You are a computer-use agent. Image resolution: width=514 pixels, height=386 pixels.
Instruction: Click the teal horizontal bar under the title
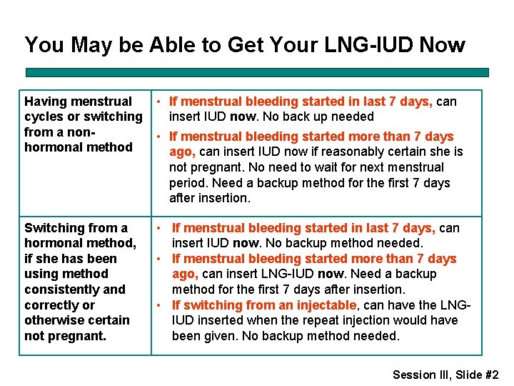pyautogui.click(x=257, y=72)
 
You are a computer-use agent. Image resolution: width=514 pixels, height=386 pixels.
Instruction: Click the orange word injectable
pyautogui.click(x=323, y=305)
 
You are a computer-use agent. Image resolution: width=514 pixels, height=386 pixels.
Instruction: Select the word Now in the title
pyautogui.click(x=442, y=45)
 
